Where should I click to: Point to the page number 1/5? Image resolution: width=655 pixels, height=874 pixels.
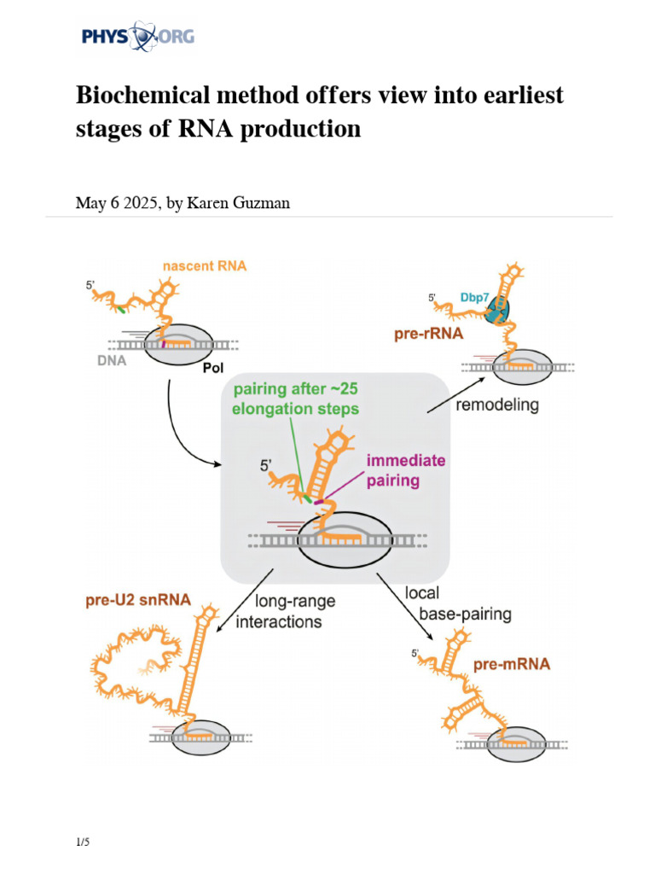83,842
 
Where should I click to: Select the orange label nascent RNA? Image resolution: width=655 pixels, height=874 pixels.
205,265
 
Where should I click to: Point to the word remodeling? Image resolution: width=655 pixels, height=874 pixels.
497,405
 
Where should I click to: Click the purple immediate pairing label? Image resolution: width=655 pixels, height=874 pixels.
405,470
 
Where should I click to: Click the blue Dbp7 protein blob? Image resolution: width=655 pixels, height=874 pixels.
496,312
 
